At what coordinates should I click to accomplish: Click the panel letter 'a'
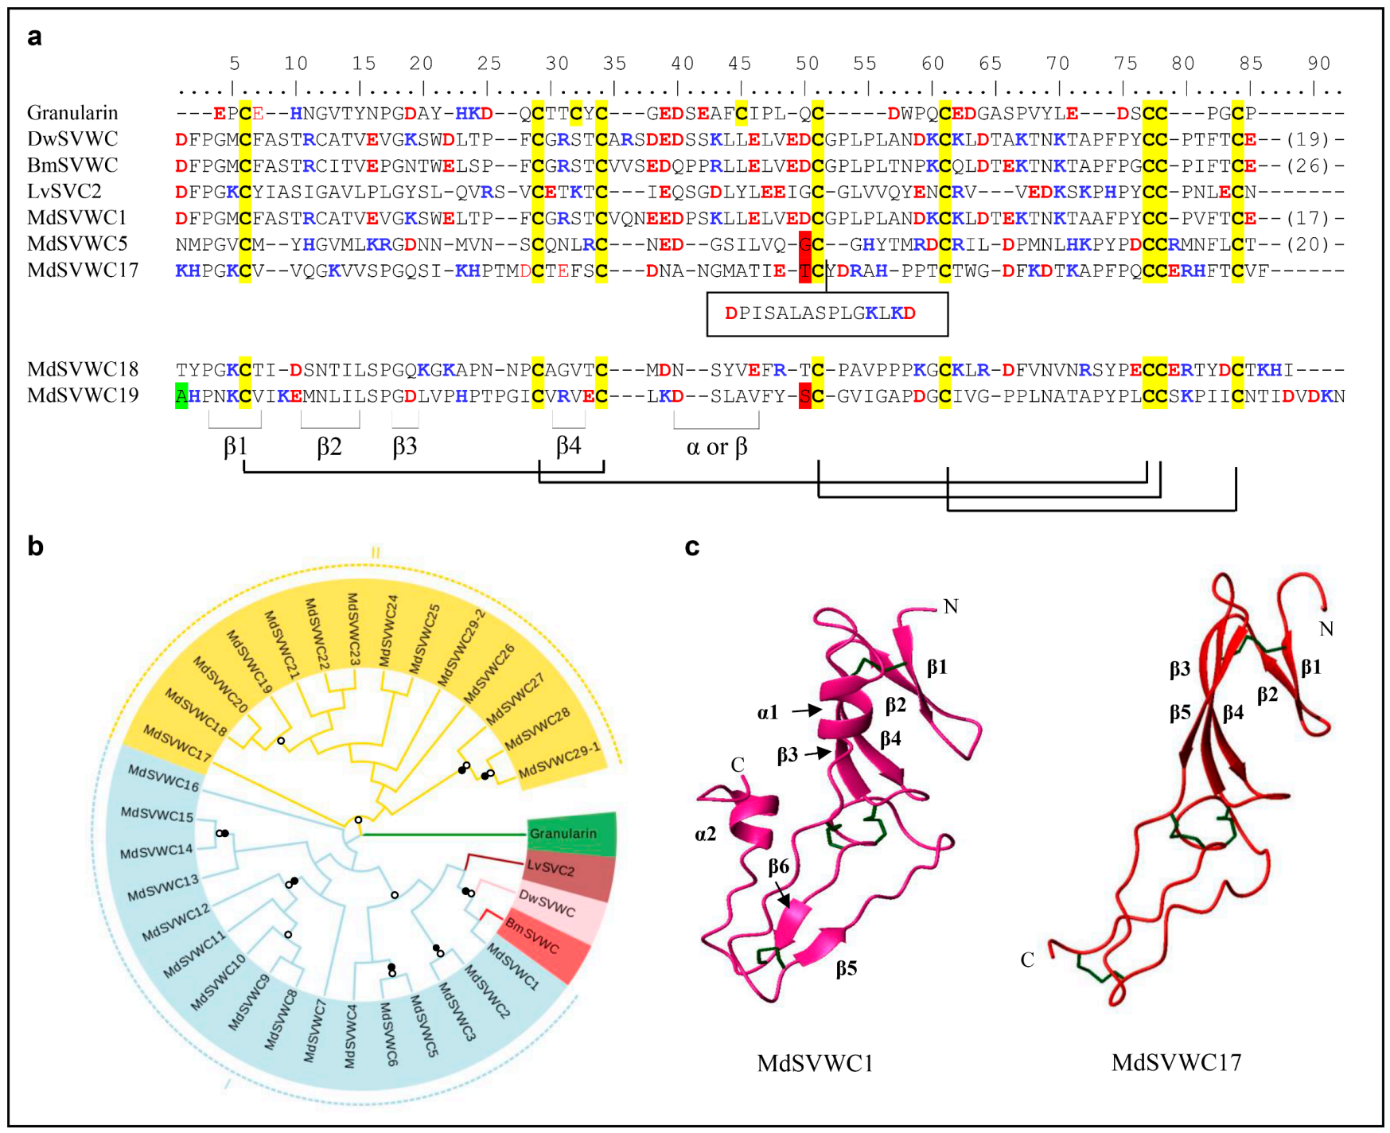click(34, 37)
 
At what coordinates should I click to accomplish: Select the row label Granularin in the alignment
click(72, 113)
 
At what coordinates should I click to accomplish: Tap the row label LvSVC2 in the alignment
click(64, 192)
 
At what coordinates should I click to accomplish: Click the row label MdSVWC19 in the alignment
click(83, 395)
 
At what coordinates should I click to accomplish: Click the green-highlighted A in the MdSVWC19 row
click(181, 395)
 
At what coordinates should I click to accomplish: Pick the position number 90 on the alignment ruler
click(1318, 64)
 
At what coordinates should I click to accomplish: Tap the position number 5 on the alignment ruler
click(234, 64)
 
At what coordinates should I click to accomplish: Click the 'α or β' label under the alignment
click(716, 447)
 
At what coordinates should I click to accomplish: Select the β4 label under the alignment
click(568, 446)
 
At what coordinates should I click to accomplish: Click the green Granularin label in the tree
click(563, 833)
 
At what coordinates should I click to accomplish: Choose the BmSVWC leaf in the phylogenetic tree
click(532, 936)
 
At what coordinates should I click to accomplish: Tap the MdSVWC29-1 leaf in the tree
click(559, 761)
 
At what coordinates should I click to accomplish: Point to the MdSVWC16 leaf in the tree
click(164, 778)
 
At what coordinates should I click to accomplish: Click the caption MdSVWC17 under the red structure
click(1176, 1062)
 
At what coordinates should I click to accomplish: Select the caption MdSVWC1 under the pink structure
click(815, 1063)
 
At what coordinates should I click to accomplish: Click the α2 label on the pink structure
click(705, 834)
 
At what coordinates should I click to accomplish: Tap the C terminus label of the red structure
click(1027, 960)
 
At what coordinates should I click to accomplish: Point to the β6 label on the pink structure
click(779, 866)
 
